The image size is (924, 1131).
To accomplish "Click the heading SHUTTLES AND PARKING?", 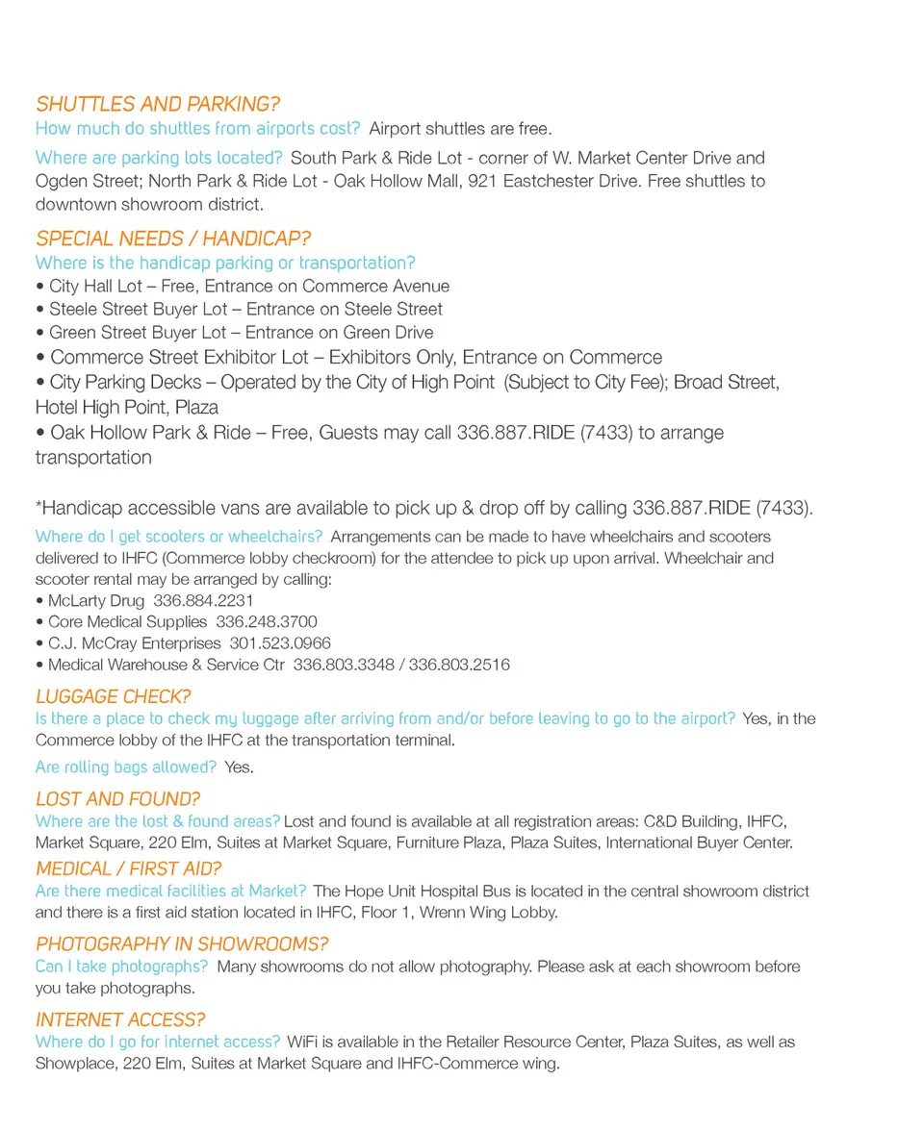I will [158, 105].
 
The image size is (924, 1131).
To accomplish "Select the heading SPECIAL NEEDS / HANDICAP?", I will [173, 239].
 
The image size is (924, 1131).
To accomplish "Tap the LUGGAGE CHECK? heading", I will [114, 696].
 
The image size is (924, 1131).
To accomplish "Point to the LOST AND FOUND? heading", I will [117, 799].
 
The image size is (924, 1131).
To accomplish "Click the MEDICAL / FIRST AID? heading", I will [129, 868].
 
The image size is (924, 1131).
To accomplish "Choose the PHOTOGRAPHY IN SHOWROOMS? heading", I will [182, 944].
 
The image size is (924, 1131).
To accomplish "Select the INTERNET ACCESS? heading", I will [120, 1019].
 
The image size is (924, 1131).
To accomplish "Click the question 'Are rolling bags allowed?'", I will [126, 767].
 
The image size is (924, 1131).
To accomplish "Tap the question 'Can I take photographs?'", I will [121, 967].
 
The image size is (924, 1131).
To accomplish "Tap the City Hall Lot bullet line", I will [248, 287].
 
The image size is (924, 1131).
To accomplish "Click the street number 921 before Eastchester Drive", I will [481, 181].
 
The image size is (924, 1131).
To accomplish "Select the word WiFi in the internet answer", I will [303, 1042].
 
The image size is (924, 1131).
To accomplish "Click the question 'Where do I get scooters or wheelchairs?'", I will [179, 537].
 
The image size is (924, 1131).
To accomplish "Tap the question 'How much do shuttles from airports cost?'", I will [198, 129].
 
